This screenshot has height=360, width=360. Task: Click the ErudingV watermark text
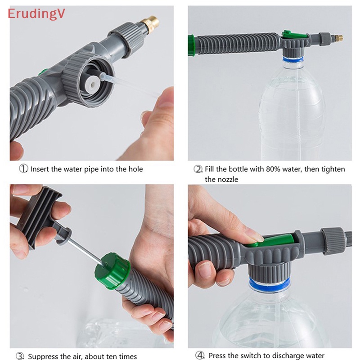tap(36, 13)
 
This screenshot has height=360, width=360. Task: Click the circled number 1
tap(23, 169)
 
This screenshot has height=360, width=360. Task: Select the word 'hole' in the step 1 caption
tap(134, 169)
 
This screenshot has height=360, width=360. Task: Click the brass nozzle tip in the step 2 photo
tap(338, 38)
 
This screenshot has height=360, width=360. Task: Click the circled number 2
tap(198, 169)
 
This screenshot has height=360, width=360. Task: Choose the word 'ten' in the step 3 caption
tap(108, 356)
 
